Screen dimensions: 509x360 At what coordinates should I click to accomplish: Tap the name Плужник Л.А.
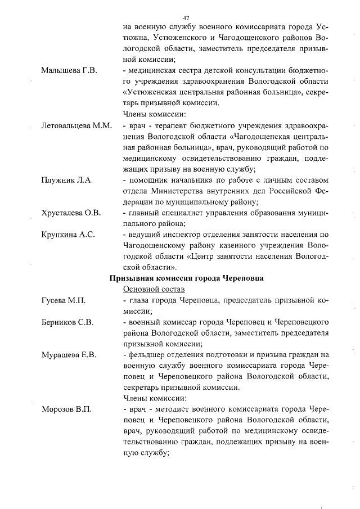pos(67,180)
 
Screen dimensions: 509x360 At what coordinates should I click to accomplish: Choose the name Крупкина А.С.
pos(69,235)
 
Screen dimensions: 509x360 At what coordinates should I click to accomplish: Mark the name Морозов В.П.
pos(67,409)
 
